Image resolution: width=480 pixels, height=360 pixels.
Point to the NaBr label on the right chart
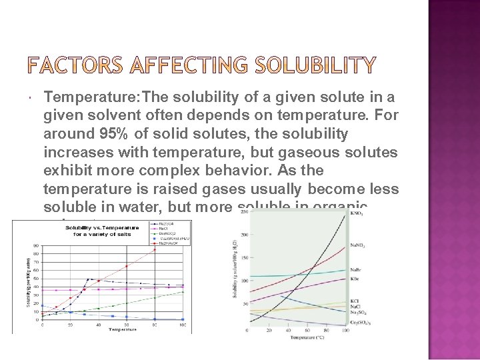[357, 269]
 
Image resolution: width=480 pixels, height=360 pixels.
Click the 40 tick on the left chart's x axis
[99, 325]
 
